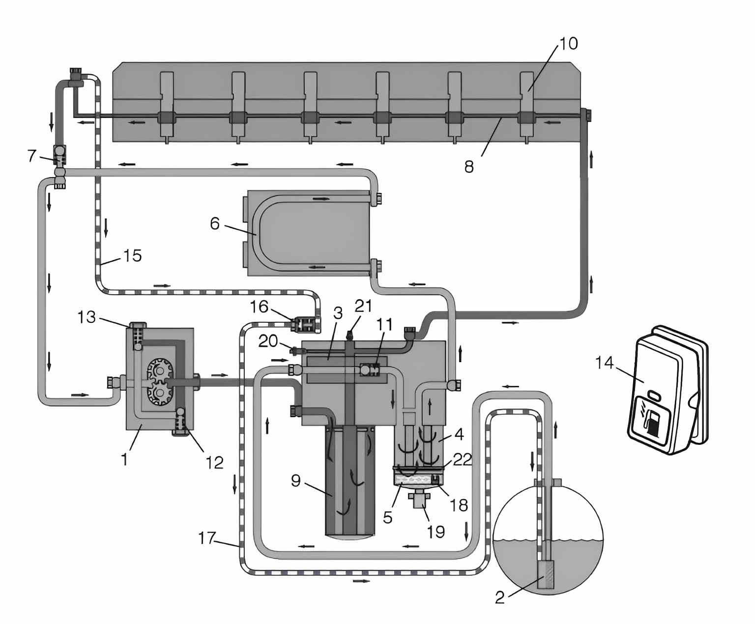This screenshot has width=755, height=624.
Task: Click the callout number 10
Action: (568, 44)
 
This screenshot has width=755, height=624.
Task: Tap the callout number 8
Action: (469, 167)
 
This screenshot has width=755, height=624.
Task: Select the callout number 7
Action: (32, 156)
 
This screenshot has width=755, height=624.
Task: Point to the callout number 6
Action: (215, 224)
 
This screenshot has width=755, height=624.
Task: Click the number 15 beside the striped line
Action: (132, 255)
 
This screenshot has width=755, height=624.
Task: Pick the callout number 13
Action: (87, 317)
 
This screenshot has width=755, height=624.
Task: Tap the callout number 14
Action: (604, 363)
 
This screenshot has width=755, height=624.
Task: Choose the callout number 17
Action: (207, 538)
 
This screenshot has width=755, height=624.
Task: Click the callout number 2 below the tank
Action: (499, 597)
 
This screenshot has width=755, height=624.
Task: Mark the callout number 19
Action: (436, 531)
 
